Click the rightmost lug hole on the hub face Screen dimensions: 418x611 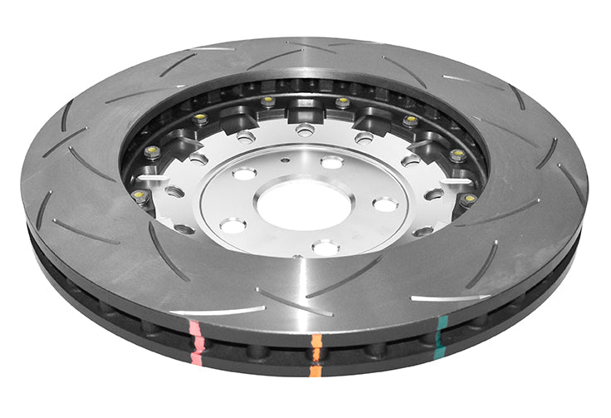pyautogui.click(x=384, y=204)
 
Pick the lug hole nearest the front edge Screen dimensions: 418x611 pyautogui.click(x=325, y=247)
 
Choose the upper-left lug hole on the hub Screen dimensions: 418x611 pyautogui.click(x=244, y=174)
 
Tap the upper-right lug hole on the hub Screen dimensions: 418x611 pyautogui.click(x=331, y=162)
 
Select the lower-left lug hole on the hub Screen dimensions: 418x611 pyautogui.click(x=233, y=225)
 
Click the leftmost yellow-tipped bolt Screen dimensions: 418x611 pyautogui.click(x=139, y=196)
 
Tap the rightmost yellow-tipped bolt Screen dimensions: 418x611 pyautogui.click(x=470, y=199)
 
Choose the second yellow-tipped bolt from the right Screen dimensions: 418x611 pyautogui.click(x=457, y=154)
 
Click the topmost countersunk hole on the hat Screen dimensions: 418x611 pyautogui.click(x=305, y=129)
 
